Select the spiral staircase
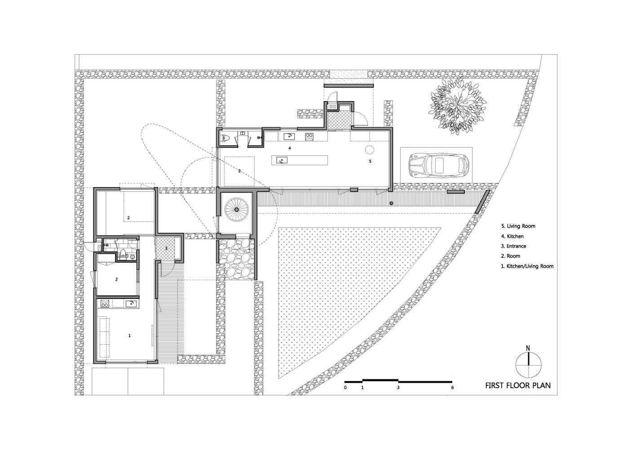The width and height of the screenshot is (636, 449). pyautogui.click(x=236, y=209)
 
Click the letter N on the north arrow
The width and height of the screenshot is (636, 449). pyautogui.click(x=528, y=348)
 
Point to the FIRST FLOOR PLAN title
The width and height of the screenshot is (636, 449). pyautogui.click(x=518, y=385)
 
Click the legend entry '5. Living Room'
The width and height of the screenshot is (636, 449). pyautogui.click(x=518, y=226)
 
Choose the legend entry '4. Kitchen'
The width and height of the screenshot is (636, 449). pyautogui.click(x=512, y=236)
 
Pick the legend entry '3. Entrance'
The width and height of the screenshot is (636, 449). pyautogui.click(x=513, y=246)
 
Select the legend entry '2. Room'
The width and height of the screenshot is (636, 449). pyautogui.click(x=511, y=256)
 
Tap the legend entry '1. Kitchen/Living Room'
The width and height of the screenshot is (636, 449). pyautogui.click(x=527, y=266)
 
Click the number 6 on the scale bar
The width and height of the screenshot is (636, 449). pyautogui.click(x=452, y=387)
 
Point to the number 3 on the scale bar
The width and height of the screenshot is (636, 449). pyautogui.click(x=398, y=387)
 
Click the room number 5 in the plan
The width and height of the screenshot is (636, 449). pyautogui.click(x=370, y=161)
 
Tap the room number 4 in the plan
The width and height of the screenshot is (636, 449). pyautogui.click(x=289, y=148)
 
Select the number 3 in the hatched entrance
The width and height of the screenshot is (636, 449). pyautogui.click(x=166, y=248)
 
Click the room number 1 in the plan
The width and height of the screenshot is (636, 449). pyautogui.click(x=129, y=335)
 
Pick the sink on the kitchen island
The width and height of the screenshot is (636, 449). pyautogui.click(x=282, y=160)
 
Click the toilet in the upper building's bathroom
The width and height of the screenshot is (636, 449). pyautogui.click(x=226, y=139)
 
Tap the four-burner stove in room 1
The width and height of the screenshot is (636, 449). pyautogui.click(x=104, y=304)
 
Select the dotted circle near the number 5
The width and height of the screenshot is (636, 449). pyautogui.click(x=369, y=150)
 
